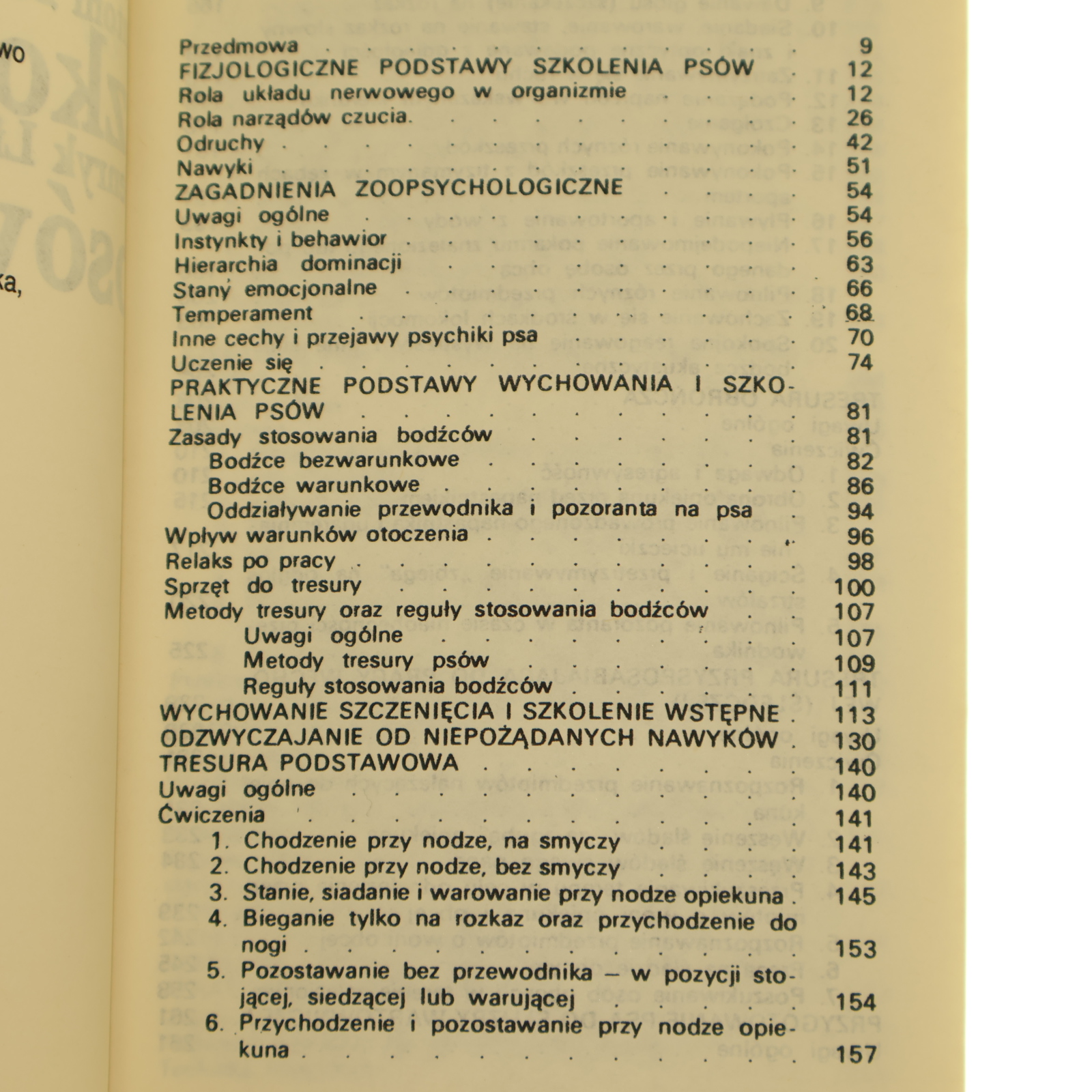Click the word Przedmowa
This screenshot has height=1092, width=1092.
coord(238,46)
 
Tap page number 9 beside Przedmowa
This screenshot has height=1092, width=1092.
coord(865,46)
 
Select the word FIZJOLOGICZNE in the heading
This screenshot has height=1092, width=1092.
coord(268,68)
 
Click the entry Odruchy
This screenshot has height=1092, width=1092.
coord(220,143)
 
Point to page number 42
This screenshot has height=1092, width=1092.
coord(859,142)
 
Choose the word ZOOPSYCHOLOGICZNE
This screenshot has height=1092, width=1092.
coord(489,188)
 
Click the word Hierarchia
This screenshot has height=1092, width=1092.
coord(225,264)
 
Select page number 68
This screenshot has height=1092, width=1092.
coord(859,313)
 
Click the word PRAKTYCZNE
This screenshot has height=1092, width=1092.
coord(245,386)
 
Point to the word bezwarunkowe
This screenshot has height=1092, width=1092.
coord(379,460)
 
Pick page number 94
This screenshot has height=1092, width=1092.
coord(859,511)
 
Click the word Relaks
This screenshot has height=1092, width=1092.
coord(199,561)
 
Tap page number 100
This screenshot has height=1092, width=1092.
coord(854,587)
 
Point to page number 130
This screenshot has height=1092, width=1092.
coord(854,741)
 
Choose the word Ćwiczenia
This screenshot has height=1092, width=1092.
coord(212,815)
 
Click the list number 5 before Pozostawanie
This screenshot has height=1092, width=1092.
coord(216,971)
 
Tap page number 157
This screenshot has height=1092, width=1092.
coord(855,1054)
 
